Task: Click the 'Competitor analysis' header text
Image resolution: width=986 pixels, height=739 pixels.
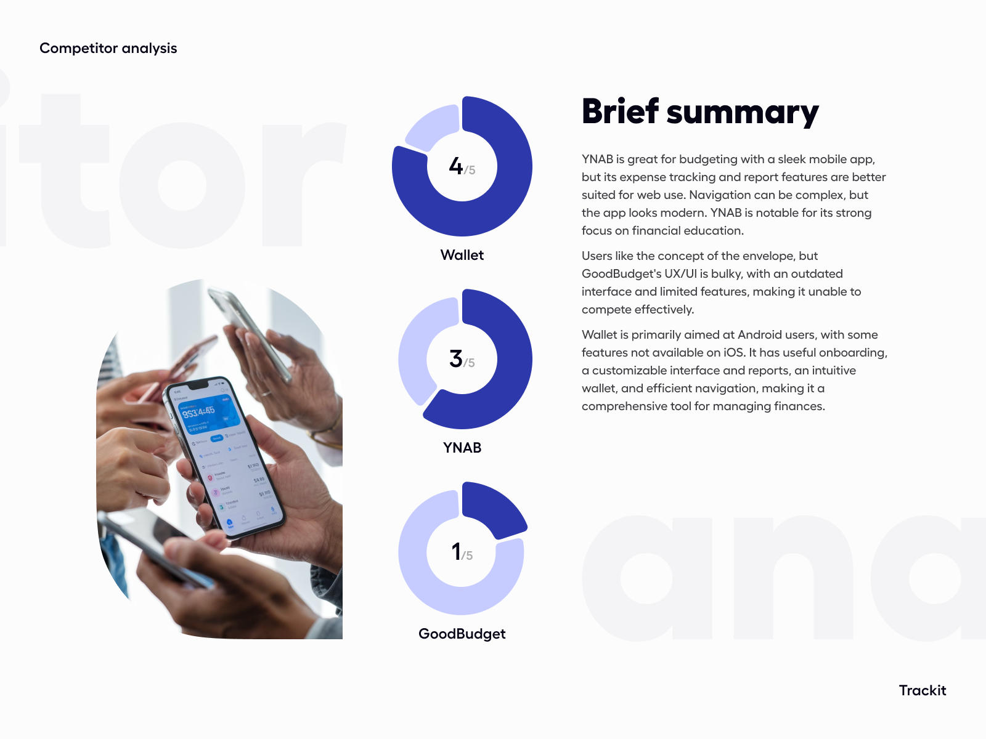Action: pos(108,48)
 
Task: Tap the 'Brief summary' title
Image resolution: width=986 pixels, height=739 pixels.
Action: pos(700,112)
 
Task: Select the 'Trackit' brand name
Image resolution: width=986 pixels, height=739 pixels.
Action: pos(922,690)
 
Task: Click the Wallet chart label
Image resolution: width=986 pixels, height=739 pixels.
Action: pos(462,255)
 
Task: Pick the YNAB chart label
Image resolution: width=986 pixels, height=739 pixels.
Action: pos(462,448)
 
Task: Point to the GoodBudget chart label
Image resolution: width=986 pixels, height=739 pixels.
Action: pos(462,634)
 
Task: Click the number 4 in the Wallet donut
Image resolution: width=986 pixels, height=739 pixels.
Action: pos(456,166)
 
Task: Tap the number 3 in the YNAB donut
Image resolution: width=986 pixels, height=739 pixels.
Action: pos(456,358)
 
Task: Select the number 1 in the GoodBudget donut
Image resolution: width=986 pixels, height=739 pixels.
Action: pos(456,551)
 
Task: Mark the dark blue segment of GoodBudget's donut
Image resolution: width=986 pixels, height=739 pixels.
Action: pos(493,508)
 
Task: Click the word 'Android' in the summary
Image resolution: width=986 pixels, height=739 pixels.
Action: pos(760,334)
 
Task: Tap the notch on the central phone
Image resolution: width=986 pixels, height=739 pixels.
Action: pos(197,386)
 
